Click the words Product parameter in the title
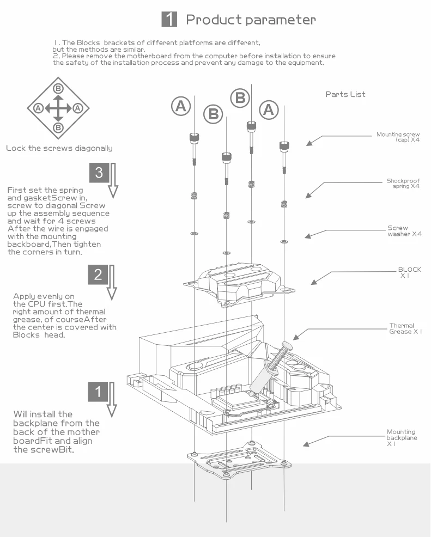click(251, 20)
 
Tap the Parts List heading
click(345, 94)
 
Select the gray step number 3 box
click(99, 173)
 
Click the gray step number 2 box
click(98, 274)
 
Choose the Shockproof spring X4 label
click(403, 184)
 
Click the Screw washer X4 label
click(404, 231)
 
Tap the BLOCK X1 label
click(409, 272)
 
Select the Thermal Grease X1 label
click(405, 328)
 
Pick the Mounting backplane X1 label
click(400, 437)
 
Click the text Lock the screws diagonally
click(59, 148)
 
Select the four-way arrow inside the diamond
click(58, 108)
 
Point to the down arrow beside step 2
click(112, 282)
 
